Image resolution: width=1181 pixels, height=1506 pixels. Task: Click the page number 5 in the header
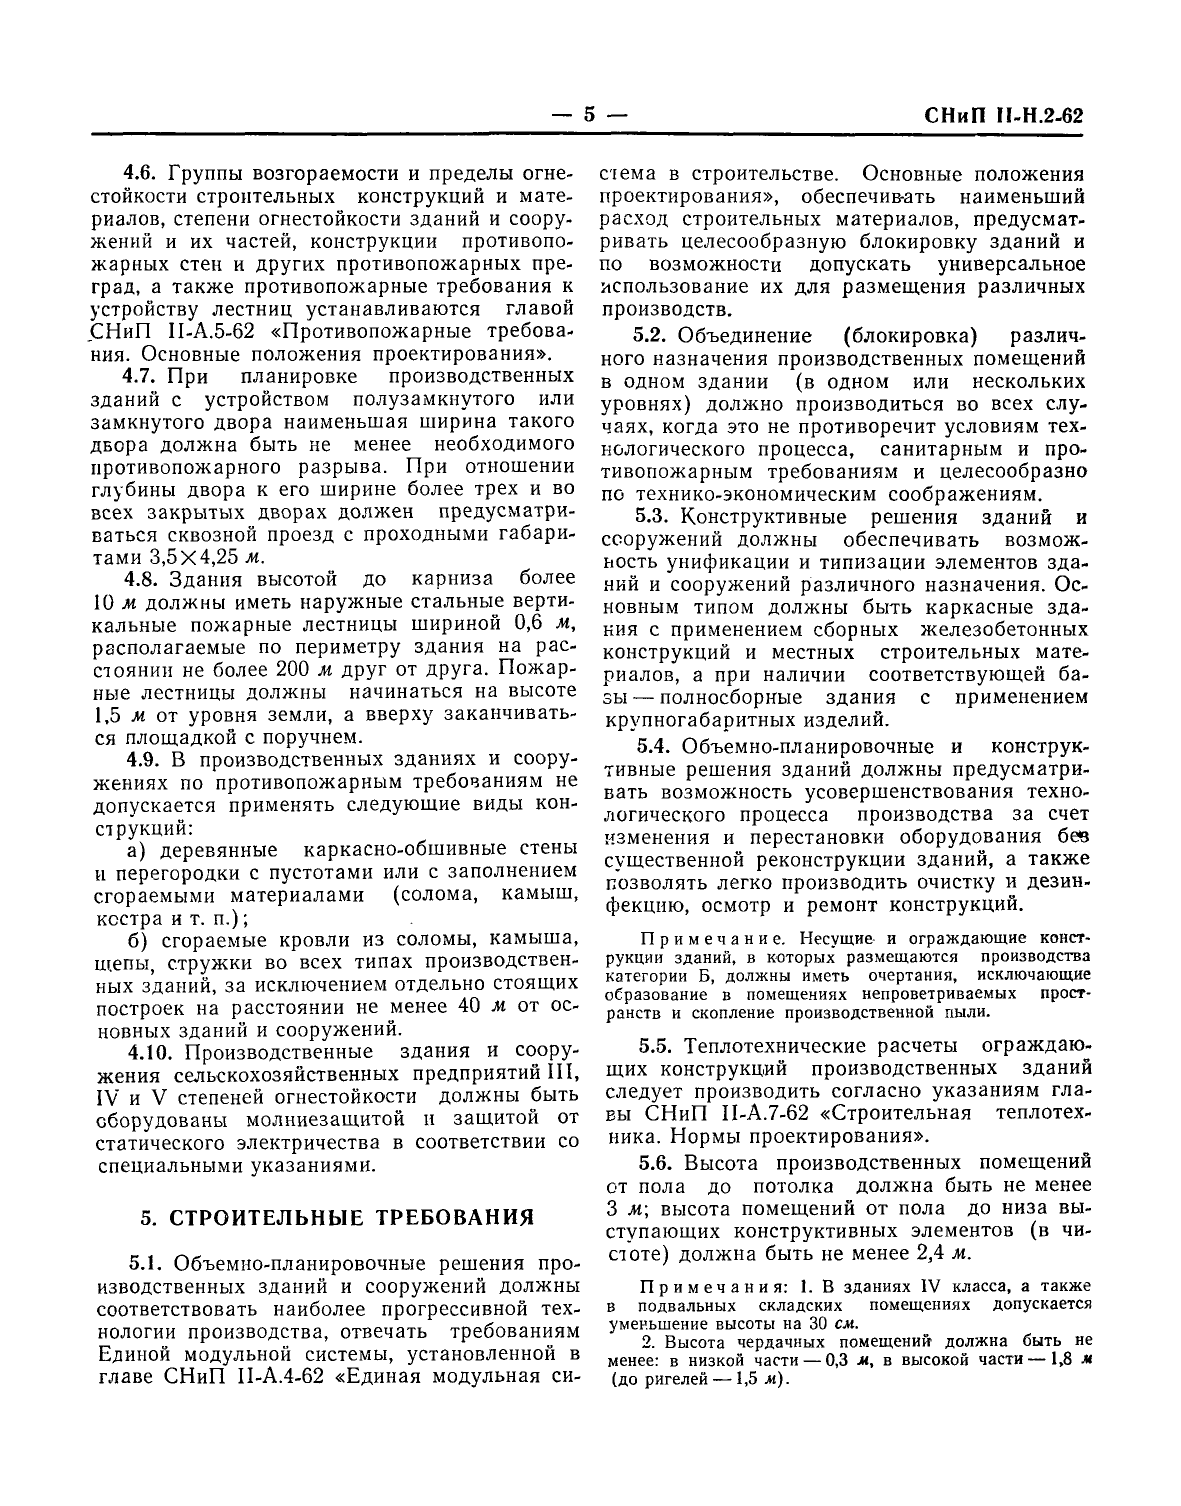click(x=589, y=114)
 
